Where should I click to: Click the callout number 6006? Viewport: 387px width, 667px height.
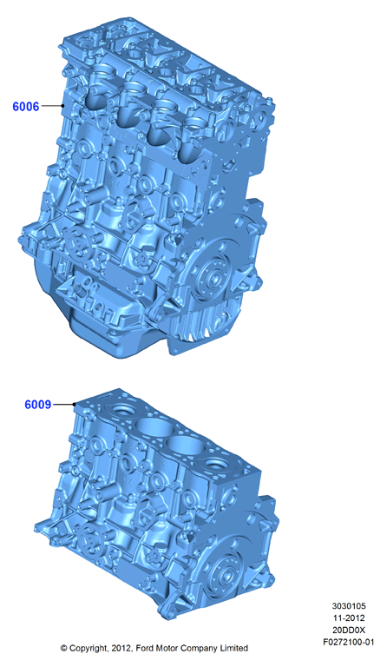coord(25,106)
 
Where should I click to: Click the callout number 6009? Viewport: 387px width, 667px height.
coord(38,404)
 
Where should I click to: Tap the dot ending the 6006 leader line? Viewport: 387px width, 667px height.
coord(62,105)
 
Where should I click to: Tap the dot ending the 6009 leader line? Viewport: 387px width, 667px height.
coord(75,404)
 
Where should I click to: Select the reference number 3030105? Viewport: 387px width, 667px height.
coord(349,605)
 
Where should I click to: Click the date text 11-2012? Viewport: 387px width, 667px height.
coord(349,617)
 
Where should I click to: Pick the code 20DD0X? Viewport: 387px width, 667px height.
coord(349,630)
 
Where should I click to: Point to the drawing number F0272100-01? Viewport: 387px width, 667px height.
coord(349,642)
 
